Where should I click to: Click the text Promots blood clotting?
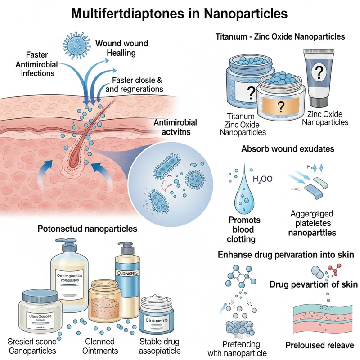click(245, 230)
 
